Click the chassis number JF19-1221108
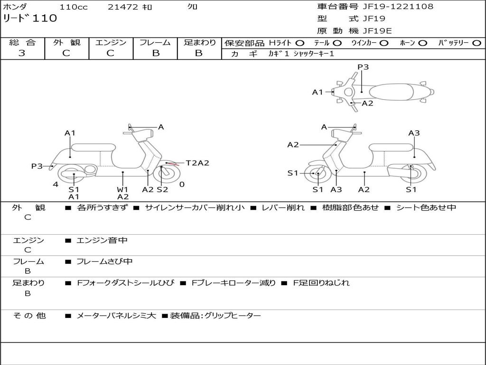398,6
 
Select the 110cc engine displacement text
74,7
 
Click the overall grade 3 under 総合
22,53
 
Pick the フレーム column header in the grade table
155,42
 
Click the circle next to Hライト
300,43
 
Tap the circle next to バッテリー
477,43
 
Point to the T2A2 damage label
197,163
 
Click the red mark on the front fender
174,164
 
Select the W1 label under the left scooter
122,189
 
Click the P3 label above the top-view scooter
363,67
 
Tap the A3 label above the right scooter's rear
414,133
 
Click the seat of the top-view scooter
391,92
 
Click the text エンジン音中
102,240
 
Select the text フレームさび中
104,261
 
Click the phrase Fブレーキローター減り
234,283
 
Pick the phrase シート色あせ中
426,207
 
